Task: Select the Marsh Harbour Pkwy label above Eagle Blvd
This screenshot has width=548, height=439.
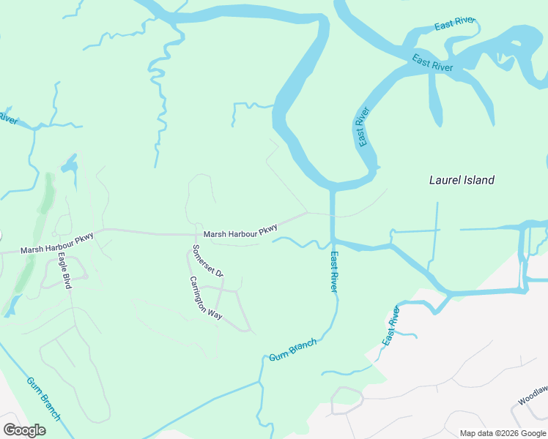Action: point(57,249)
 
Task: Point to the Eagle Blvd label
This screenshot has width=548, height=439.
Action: point(64,271)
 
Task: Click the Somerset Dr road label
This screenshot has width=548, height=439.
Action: point(207,260)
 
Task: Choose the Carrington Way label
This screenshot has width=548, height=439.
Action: point(205,298)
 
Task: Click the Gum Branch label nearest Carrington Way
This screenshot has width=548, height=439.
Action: point(293,350)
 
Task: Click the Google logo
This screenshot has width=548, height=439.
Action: point(24,429)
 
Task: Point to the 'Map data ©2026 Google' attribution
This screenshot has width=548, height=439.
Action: point(503,433)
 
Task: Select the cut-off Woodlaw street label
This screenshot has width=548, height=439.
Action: point(533,397)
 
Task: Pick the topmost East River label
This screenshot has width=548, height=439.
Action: point(455,24)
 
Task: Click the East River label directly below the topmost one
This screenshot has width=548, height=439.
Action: point(432,63)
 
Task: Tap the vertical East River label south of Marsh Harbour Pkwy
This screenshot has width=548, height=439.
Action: point(334,272)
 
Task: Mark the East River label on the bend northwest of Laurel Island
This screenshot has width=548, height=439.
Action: point(362,127)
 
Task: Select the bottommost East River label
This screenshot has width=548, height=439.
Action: point(391,326)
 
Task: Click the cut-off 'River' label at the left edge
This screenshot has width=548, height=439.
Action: point(7,117)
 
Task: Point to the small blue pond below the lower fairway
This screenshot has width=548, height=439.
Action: point(10,307)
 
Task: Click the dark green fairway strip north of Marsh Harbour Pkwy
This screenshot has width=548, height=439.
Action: point(48,192)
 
